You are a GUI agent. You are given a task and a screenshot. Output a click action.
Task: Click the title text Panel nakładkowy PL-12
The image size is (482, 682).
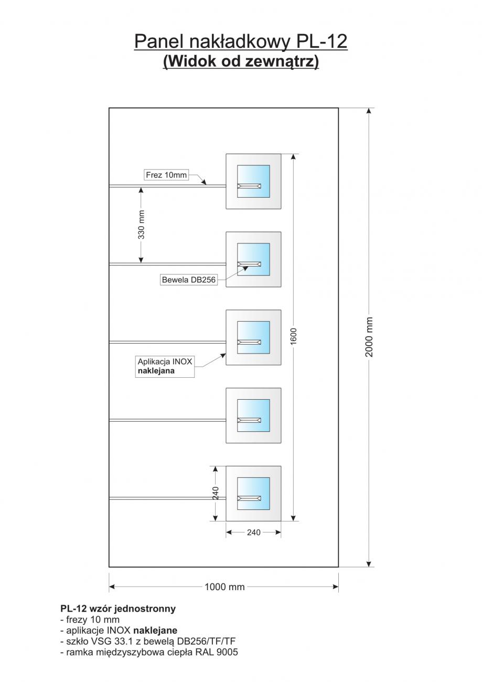[241, 41]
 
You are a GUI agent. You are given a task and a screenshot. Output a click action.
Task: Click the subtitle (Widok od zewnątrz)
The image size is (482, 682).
[241, 61]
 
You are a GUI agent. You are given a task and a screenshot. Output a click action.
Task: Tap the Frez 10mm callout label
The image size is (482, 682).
[166, 175]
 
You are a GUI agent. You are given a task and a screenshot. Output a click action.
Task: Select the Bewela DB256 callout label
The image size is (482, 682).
[189, 280]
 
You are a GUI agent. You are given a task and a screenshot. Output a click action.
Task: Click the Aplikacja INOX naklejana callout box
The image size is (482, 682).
[165, 366]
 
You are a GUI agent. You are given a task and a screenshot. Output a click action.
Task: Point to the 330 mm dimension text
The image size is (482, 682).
[141, 225]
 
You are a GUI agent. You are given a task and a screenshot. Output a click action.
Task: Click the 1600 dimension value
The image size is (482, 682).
[294, 336]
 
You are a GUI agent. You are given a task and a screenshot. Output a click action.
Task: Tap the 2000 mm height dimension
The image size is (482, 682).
[369, 336]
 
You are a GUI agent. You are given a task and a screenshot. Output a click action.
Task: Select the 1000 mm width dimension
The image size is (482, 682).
[224, 587]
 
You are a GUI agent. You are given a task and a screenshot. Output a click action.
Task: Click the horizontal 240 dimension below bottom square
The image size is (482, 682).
[253, 532]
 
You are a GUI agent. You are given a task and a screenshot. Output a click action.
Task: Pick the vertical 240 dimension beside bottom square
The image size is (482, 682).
[216, 493]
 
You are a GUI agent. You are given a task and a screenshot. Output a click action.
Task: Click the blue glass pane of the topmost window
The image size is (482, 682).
[253, 175]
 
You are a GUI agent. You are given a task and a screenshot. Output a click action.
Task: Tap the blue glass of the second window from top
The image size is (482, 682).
[253, 253]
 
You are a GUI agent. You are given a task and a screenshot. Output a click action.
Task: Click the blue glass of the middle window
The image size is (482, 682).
[253, 331]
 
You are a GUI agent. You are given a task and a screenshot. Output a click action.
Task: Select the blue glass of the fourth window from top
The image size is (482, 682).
[253, 409]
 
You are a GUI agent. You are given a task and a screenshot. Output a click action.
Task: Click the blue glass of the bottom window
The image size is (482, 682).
[253, 487]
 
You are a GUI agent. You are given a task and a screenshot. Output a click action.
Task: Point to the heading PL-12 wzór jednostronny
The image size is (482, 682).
[118, 609]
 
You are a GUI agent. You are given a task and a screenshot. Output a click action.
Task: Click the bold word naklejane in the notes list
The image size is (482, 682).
[155, 630]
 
